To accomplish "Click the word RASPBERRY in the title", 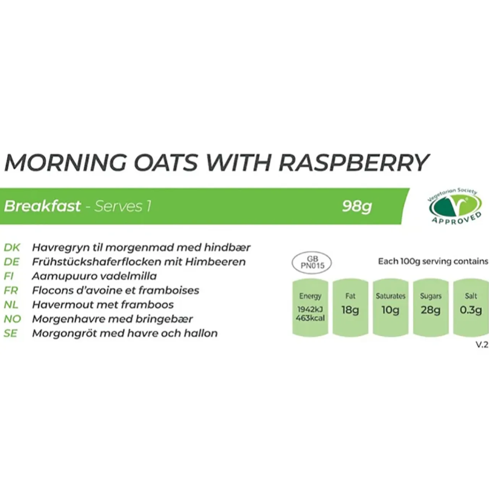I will tap(354, 162).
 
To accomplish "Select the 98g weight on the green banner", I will tap(357, 206).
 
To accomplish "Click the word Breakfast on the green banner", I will tap(42, 206).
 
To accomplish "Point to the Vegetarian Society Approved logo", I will tap(454, 206).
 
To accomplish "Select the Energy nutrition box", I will tap(310, 308).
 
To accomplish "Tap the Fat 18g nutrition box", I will tap(350, 308).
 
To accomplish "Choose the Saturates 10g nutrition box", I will tap(390, 308).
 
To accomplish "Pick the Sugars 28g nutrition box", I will tap(431, 308).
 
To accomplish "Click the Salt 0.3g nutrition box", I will tap(471, 308).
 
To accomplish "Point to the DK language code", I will tap(12, 248).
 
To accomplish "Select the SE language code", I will tap(11, 333).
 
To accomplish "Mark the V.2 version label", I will tap(482, 345).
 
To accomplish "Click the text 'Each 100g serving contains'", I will tap(433, 262).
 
